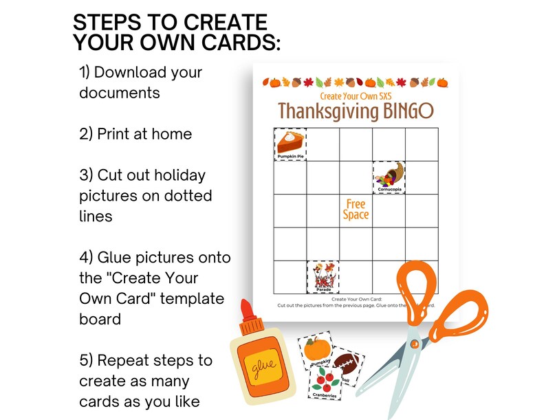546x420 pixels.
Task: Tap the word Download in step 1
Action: pyautogui.click(x=151, y=72)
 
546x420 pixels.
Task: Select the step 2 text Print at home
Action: pyautogui.click(x=135, y=134)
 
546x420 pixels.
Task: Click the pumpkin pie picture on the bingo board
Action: pyautogui.click(x=290, y=144)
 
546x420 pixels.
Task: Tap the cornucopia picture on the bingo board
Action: pyautogui.click(x=389, y=177)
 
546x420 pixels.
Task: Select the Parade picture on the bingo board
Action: pyautogui.click(x=323, y=276)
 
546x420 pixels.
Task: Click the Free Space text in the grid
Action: pyautogui.click(x=356, y=210)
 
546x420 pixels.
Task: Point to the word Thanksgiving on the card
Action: pyautogui.click(x=324, y=111)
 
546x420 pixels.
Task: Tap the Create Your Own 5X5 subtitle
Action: pyautogui.click(x=356, y=96)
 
